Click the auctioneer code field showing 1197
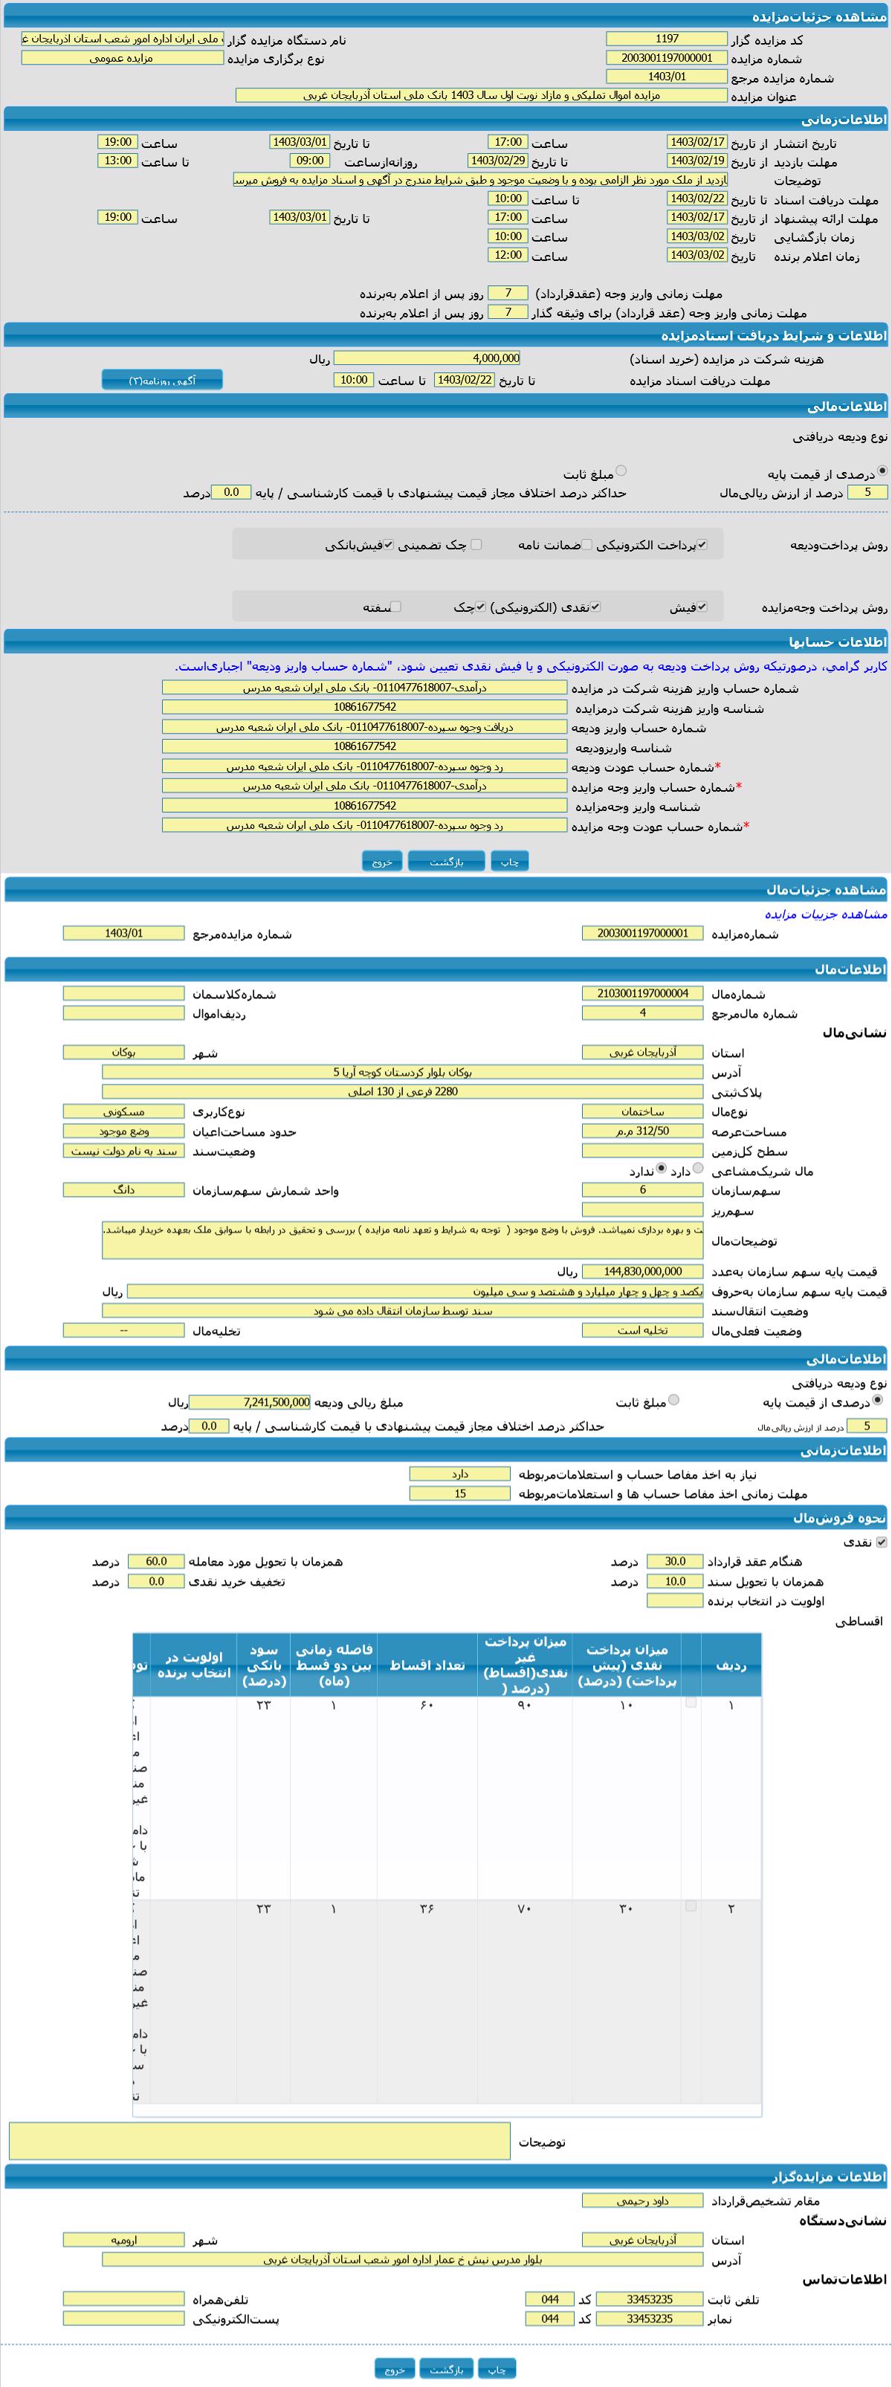tap(666, 39)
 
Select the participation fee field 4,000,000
tap(427, 358)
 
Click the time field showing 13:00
tap(117, 161)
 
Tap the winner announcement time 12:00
tap(508, 255)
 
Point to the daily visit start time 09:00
tap(309, 161)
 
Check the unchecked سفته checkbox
tap(395, 607)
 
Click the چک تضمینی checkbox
tap(476, 545)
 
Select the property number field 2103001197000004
tap(642, 993)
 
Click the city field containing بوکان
tap(123, 1053)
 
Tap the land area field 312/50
tap(642, 1131)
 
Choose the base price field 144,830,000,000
tap(642, 1271)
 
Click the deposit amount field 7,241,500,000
tap(250, 1403)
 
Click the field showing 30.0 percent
tap(674, 1561)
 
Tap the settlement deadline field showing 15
tap(459, 1493)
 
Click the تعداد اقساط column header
tap(427, 1665)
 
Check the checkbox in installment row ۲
tap(690, 1906)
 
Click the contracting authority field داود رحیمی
tap(642, 2200)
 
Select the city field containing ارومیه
tap(123, 2240)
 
